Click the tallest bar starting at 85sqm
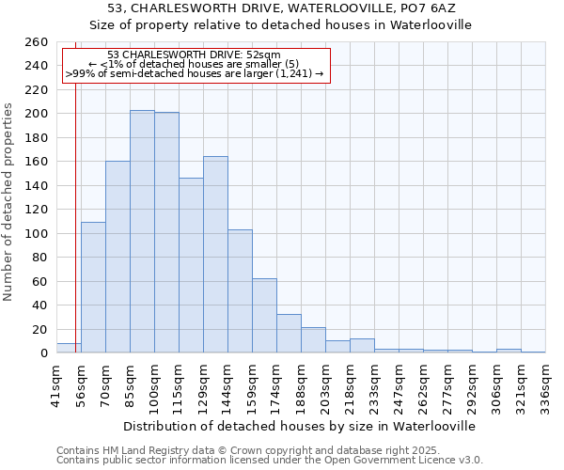(x=142, y=231)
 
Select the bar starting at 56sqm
(x=93, y=288)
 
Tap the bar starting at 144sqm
(x=240, y=291)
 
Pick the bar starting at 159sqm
(x=264, y=316)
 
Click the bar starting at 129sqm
(x=215, y=255)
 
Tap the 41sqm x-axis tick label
(x=56, y=384)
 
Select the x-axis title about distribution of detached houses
(x=300, y=426)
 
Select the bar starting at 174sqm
(x=289, y=334)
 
